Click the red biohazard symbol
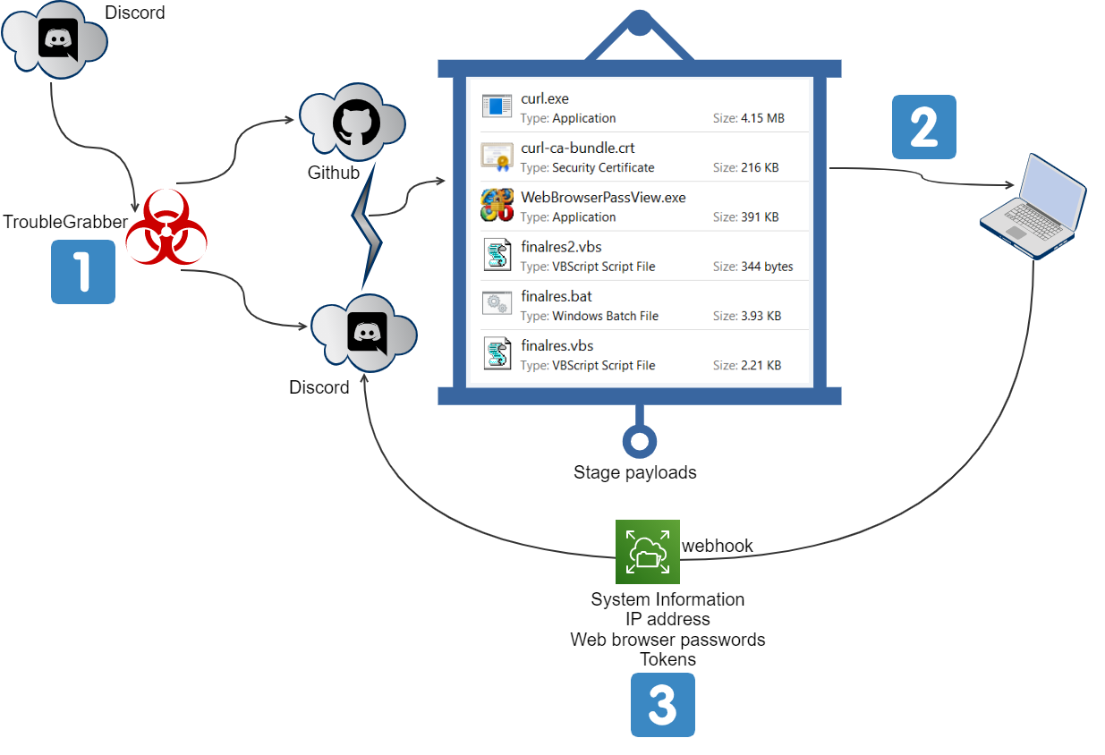(166, 227)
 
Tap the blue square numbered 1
(83, 272)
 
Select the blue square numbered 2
(924, 127)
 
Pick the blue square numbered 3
(662, 705)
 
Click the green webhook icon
(647, 551)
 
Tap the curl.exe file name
(544, 99)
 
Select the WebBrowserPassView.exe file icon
(497, 205)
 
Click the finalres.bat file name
(557, 296)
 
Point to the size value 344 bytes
(767, 267)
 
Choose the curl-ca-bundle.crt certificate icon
(497, 156)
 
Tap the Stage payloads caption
(634, 472)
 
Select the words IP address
(667, 619)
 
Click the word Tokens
(667, 659)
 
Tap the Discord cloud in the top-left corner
(55, 40)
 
